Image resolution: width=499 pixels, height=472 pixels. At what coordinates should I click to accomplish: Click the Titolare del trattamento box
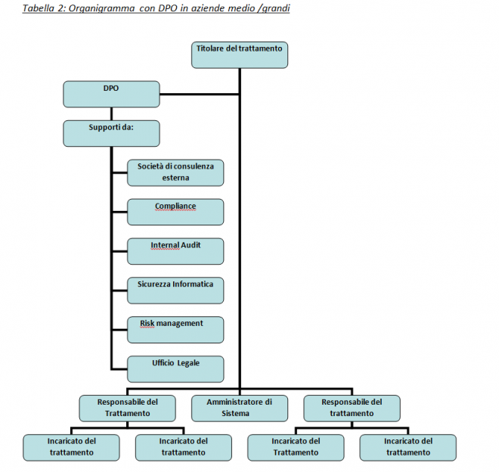(x=239, y=55)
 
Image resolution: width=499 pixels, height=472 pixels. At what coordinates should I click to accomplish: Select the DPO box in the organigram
(x=111, y=94)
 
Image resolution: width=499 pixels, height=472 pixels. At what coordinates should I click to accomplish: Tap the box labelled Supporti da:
(x=111, y=132)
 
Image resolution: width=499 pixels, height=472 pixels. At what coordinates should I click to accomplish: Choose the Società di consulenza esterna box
(x=175, y=172)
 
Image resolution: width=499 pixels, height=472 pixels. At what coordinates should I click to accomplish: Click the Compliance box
(x=175, y=212)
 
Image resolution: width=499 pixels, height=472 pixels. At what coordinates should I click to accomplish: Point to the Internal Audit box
(x=175, y=251)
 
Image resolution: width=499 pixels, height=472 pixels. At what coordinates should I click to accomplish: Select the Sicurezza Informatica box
(x=175, y=290)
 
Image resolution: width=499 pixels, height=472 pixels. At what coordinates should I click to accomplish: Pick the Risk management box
(x=175, y=330)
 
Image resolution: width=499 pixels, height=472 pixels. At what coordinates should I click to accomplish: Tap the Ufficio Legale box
(x=175, y=369)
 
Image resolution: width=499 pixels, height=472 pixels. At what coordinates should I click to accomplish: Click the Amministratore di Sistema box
(x=239, y=408)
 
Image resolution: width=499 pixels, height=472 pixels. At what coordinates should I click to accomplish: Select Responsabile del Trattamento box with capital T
(x=127, y=408)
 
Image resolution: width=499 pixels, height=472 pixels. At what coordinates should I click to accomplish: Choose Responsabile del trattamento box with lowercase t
(x=352, y=408)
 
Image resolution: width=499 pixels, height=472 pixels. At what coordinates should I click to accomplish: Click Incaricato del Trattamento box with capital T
(x=296, y=447)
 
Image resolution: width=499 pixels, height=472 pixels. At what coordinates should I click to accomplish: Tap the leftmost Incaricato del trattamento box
(x=71, y=447)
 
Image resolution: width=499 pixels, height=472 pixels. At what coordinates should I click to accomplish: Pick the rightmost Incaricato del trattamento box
(x=408, y=447)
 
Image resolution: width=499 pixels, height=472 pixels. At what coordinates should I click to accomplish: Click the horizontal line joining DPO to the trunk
(x=200, y=95)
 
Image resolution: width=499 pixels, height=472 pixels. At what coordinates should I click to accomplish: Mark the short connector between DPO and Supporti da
(x=111, y=113)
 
